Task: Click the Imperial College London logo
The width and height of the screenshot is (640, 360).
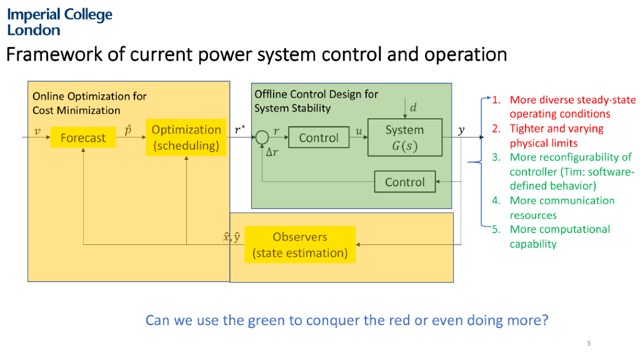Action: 59,22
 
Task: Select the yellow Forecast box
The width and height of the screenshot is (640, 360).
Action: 82,137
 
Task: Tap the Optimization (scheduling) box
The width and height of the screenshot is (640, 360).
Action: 186,137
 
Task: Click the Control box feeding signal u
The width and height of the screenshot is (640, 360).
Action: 319,137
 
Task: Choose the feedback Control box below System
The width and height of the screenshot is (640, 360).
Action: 404,182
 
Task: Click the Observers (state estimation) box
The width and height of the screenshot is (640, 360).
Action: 300,245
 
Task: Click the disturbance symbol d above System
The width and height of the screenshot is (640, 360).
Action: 413,107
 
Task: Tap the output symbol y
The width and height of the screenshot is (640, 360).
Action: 461,130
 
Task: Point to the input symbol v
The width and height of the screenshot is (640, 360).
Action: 37,131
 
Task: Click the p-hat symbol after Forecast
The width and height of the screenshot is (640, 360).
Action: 127,129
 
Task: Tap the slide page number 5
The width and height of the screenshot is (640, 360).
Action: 589,343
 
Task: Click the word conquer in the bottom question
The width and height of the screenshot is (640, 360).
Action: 341,321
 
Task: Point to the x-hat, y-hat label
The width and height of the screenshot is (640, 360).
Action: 232,237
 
